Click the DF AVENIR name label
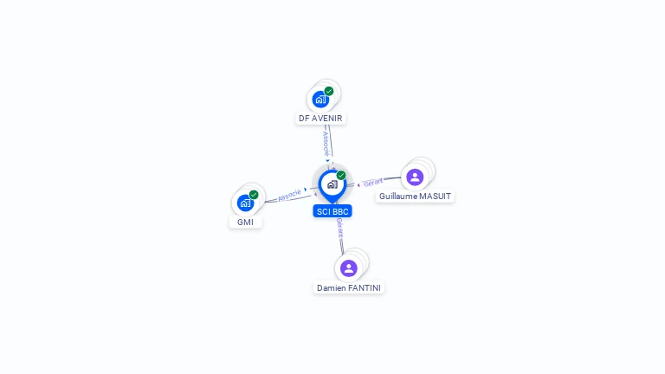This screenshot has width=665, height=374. (320, 119)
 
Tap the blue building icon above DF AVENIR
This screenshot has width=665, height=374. (320, 99)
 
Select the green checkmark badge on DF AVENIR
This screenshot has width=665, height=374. (329, 91)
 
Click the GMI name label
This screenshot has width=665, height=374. (245, 222)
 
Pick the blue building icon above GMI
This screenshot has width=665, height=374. (245, 203)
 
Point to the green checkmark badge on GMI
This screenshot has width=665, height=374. (254, 195)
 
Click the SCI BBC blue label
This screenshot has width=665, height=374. (332, 211)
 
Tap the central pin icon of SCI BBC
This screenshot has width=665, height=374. (332, 184)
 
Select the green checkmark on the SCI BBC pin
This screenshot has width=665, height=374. (341, 175)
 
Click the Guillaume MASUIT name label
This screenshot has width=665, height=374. (415, 197)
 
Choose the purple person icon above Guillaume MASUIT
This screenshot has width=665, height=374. (415, 177)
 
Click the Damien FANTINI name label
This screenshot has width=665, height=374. (348, 287)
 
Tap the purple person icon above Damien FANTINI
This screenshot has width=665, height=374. (348, 268)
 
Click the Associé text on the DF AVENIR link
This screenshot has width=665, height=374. (326, 143)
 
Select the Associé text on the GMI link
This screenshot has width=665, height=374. (289, 195)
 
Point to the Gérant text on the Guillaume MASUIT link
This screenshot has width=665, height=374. (373, 182)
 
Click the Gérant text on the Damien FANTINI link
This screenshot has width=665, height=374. (339, 228)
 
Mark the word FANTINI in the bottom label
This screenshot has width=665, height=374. (364, 287)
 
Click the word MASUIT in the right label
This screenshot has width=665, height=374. (435, 197)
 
